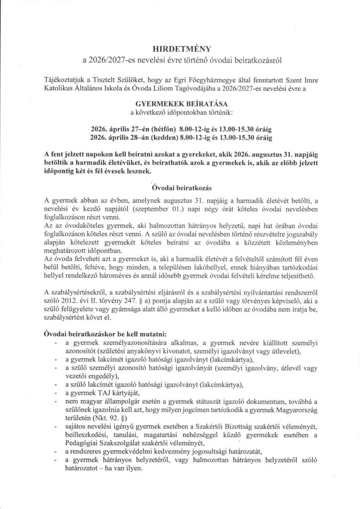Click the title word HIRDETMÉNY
point(180,49)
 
